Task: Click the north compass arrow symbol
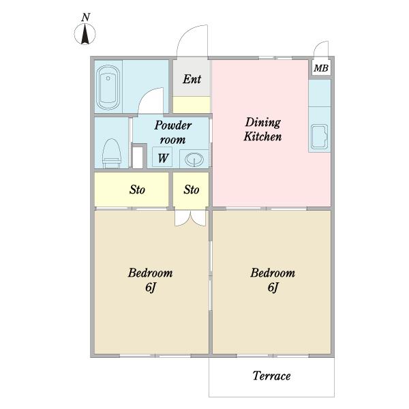(85, 34)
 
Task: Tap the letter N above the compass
(86, 17)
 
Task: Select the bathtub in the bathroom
(108, 87)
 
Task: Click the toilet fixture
(112, 153)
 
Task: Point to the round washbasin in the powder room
(194, 159)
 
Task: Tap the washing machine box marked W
(162, 157)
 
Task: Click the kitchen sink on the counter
(319, 137)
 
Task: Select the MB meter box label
(321, 68)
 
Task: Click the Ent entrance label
(192, 79)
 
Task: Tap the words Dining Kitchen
(262, 130)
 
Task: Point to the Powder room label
(172, 132)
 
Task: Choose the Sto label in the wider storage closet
(137, 190)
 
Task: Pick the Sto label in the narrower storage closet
(191, 190)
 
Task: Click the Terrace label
(271, 376)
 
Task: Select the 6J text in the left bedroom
(151, 287)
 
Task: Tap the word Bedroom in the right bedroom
(273, 273)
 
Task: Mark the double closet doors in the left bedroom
(190, 218)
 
